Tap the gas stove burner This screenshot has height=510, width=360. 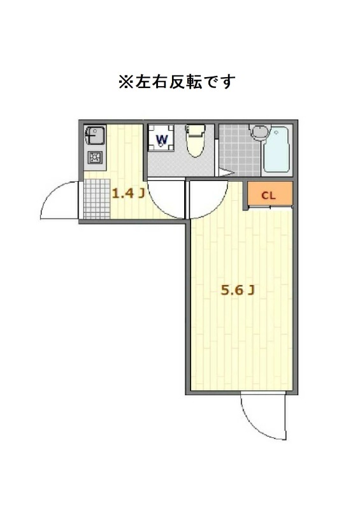click(95, 158)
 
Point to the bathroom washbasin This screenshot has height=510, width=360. click(259, 133)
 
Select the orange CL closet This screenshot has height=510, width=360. click(270, 194)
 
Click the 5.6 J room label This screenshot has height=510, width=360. click(238, 291)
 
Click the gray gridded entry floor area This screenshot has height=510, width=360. click(96, 199)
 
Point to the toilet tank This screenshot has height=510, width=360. click(196, 129)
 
